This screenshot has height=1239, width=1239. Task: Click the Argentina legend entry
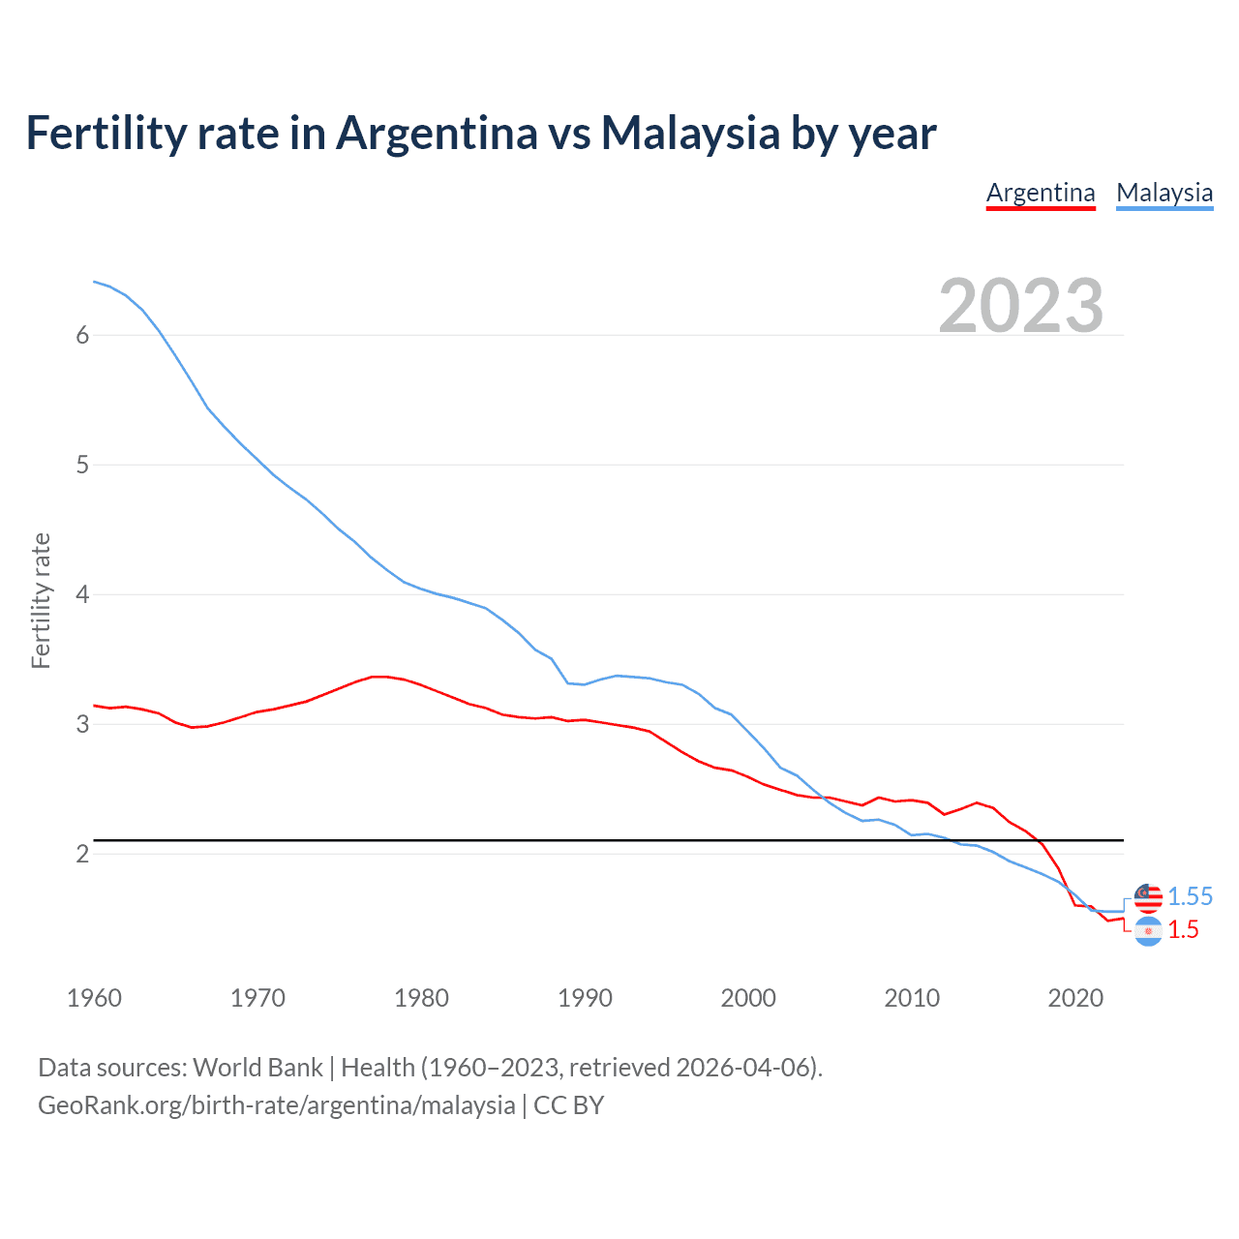tap(1041, 193)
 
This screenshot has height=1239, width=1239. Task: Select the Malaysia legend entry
tap(1164, 193)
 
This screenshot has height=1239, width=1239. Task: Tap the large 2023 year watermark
tap(1021, 306)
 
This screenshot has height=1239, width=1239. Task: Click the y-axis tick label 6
tap(82, 335)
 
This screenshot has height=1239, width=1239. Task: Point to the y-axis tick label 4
tap(82, 594)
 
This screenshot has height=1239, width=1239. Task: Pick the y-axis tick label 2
tap(82, 854)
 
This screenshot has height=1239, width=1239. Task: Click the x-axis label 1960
tap(94, 998)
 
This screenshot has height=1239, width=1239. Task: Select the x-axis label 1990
tap(585, 998)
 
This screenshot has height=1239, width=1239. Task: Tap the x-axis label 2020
tap(1075, 998)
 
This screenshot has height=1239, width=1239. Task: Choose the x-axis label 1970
tap(257, 998)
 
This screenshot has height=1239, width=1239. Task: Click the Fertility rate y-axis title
tap(41, 600)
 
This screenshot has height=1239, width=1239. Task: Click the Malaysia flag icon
tap(1148, 897)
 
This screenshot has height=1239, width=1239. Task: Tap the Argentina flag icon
tap(1148, 931)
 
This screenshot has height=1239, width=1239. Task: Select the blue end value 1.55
tap(1190, 897)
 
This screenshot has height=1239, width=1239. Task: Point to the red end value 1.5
tap(1183, 930)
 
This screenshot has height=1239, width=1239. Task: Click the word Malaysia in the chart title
tap(689, 133)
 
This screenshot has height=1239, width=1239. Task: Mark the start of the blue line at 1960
tap(94, 282)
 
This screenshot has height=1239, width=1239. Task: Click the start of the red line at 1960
tap(94, 706)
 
